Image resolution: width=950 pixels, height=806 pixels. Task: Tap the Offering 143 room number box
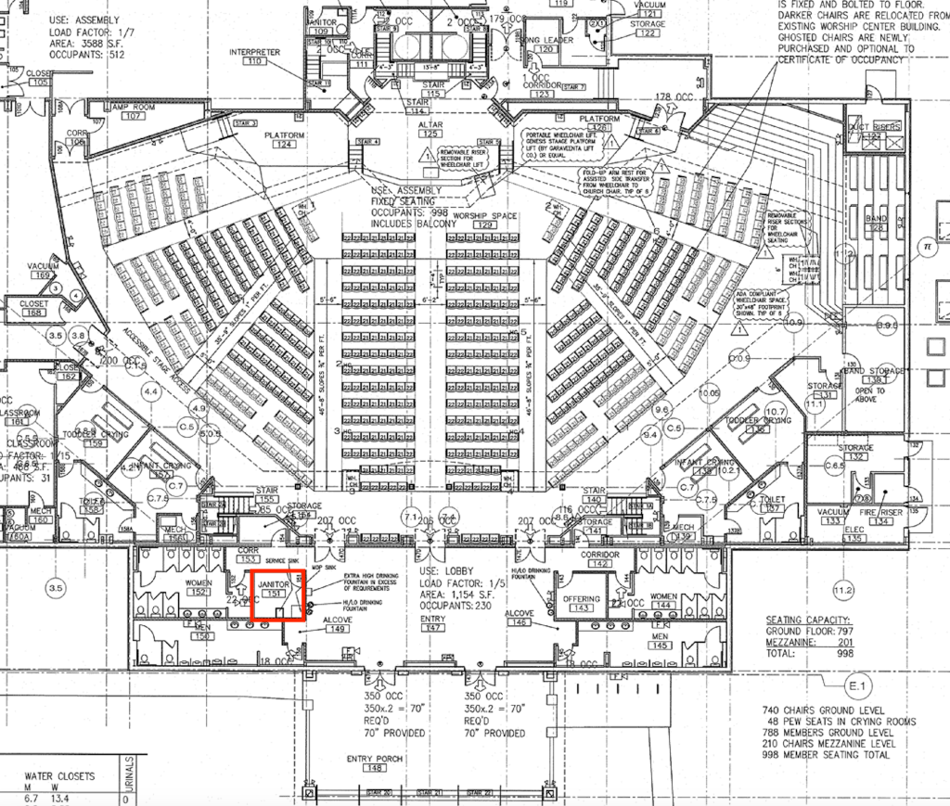coord(582,609)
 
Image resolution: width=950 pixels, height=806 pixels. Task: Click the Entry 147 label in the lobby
coord(432,622)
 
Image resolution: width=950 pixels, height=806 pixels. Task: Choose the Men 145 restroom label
coord(661,641)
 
